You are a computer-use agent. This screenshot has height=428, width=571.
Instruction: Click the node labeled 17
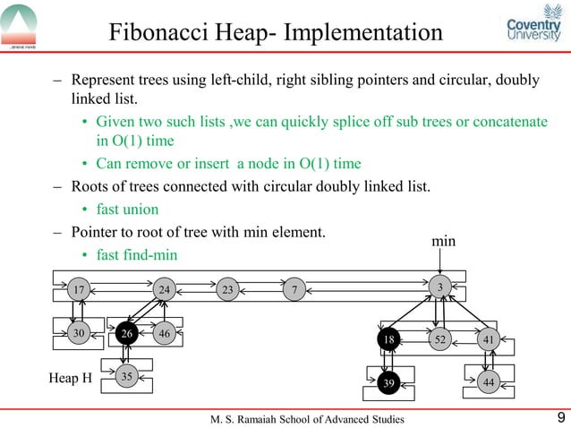(x=81, y=290)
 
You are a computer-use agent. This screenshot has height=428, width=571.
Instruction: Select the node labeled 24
(x=164, y=290)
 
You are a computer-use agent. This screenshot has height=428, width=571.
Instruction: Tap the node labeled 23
(x=228, y=289)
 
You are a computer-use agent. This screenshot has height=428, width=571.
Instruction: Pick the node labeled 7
(x=294, y=288)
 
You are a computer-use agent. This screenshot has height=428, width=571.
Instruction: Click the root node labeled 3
(x=440, y=287)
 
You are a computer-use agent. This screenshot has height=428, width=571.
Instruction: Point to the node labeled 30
(x=80, y=333)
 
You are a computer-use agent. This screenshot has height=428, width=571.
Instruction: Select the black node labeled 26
(x=127, y=333)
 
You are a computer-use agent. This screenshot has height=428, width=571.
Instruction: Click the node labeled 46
(x=164, y=333)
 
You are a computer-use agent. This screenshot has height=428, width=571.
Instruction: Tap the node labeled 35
(x=127, y=377)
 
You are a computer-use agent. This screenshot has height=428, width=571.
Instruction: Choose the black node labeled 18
(x=388, y=339)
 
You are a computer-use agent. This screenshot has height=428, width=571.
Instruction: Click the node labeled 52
(x=440, y=339)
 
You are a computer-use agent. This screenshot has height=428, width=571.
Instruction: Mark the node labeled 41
(x=489, y=339)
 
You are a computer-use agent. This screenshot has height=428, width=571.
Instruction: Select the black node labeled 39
(x=388, y=383)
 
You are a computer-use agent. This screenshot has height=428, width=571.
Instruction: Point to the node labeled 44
(x=489, y=383)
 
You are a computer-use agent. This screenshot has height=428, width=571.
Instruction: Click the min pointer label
(x=445, y=242)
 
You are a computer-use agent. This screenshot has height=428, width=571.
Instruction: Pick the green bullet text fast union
(x=129, y=210)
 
